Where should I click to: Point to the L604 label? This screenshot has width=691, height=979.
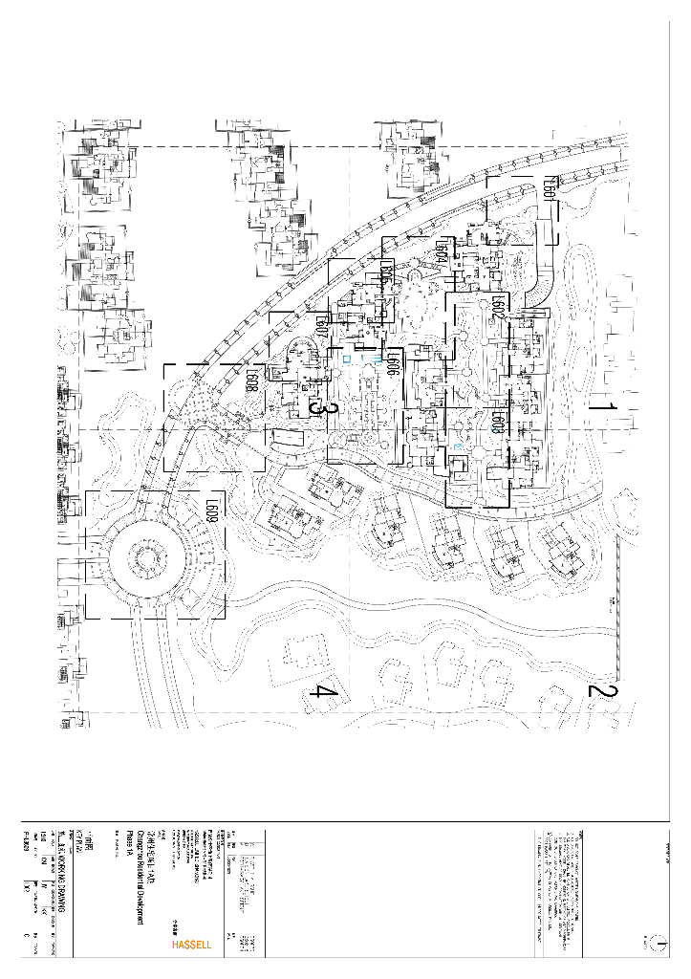(x=442, y=253)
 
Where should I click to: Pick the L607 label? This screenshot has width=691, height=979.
(x=322, y=330)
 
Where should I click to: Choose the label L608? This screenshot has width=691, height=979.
(x=251, y=382)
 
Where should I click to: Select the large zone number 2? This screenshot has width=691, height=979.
(x=603, y=690)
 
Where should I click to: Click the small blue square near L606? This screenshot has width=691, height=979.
(x=347, y=361)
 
